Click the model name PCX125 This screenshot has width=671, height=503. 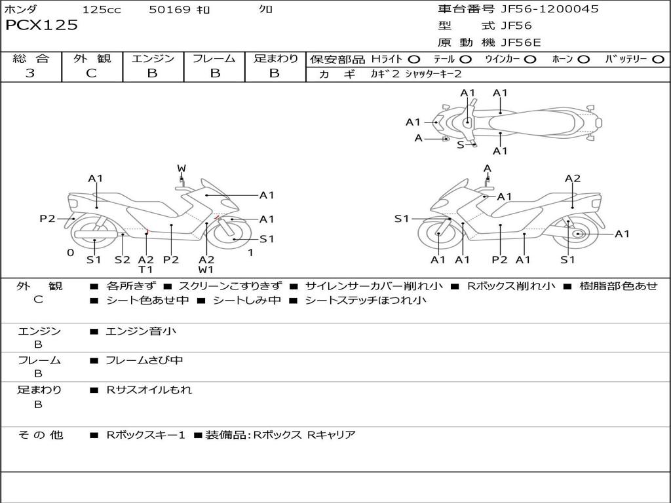coord(41,26)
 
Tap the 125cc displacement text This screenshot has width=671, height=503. coord(102,10)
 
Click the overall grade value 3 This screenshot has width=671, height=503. coord(30,73)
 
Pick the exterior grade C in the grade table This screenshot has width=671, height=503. coord(92,73)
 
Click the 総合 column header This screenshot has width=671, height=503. coord(31,59)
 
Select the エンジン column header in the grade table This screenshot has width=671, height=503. coord(153,59)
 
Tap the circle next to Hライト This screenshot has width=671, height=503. coord(414,60)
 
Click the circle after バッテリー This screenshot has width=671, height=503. coord(658,60)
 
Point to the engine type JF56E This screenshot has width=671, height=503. coord(520,43)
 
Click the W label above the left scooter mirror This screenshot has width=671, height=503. coord(182,168)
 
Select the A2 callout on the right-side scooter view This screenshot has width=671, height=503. coord(573,178)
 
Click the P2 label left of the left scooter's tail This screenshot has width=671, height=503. coord(47,219)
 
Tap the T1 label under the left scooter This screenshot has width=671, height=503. coord(145,269)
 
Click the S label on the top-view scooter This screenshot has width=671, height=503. coord(461,145)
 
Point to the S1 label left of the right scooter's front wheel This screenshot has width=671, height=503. coord(402,219)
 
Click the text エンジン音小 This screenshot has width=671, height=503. coord(141,331)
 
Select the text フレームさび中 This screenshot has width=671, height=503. coord(144,360)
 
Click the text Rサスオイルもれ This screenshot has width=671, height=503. coord(149,390)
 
